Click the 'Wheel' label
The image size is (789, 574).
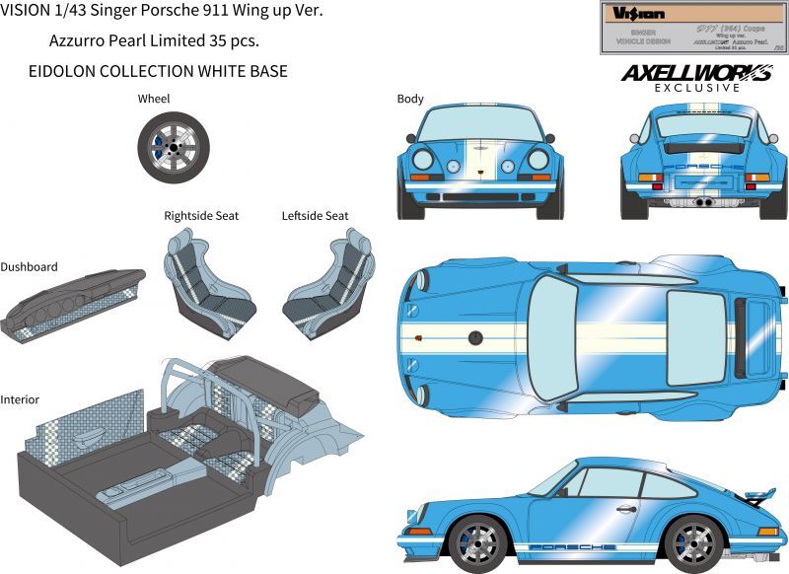point(154,99)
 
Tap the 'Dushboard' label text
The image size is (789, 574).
point(29,266)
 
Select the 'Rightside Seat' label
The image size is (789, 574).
point(201,215)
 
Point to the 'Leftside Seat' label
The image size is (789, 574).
point(315,215)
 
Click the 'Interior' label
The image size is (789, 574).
point(20,399)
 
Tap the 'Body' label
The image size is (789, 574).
point(410,99)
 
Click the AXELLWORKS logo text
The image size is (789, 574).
point(696,73)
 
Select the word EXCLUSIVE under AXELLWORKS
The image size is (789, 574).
point(696,88)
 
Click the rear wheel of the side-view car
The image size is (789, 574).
point(692,541)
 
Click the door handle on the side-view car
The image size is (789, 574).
point(624,509)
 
